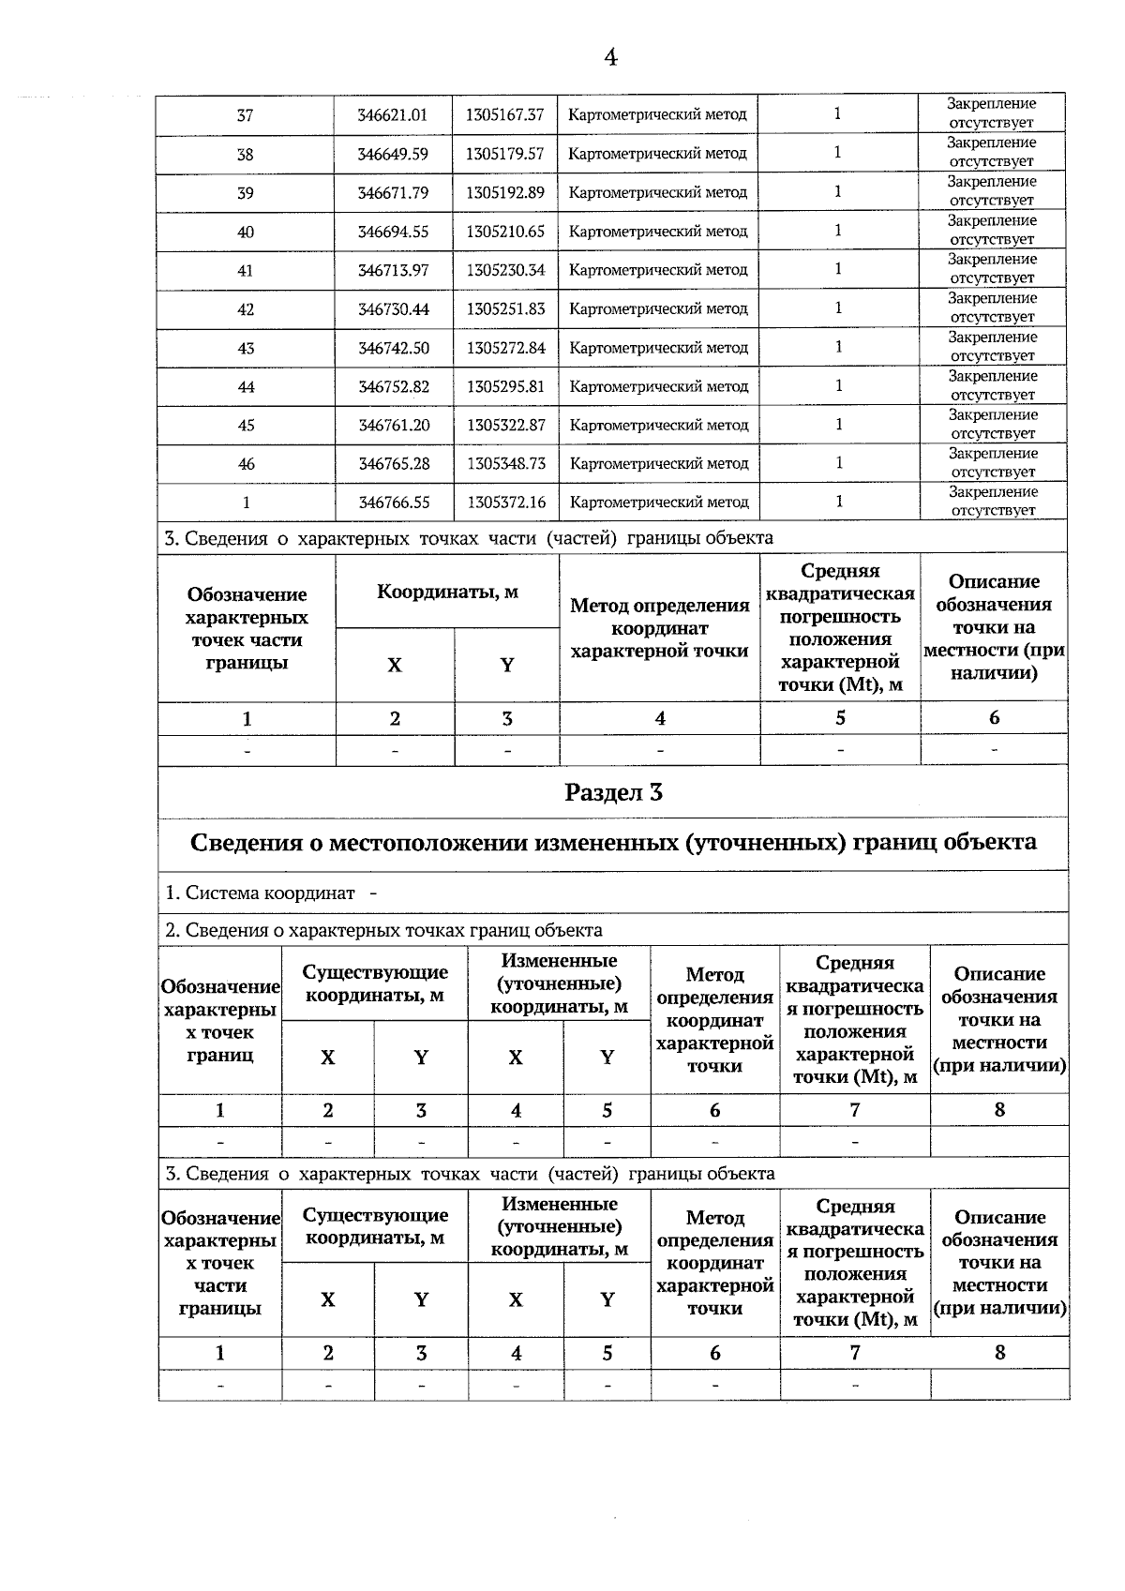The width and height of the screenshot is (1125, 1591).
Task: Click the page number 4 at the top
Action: pos(610,58)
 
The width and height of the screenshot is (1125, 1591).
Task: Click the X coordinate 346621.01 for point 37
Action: pos(393,115)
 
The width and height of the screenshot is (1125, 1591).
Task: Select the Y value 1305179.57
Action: pos(504,154)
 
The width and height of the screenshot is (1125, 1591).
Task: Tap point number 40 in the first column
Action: pos(245,233)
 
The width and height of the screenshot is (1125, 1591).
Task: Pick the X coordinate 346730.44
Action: pos(394,309)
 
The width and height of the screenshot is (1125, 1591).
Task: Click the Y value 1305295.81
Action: pos(505,386)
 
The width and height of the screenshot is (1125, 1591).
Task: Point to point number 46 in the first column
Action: pos(246,464)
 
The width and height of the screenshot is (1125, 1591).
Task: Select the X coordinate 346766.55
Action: pos(394,503)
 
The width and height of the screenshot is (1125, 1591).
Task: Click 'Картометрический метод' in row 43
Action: pos(658,348)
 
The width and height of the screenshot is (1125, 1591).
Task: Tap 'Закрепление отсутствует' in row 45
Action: pos(993,425)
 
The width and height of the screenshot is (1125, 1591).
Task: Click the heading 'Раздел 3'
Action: pos(613,793)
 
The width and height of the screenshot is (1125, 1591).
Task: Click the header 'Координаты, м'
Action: pos(447,593)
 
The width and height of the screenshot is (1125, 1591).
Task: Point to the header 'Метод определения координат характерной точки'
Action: pos(659,628)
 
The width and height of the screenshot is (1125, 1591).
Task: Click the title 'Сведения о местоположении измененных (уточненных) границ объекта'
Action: pos(613,842)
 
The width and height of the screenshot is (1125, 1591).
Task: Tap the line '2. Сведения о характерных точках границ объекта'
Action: pos(383,931)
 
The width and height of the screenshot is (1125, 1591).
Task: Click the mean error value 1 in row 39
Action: pos(837,192)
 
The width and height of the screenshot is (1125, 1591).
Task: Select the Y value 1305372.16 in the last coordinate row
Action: pos(505,503)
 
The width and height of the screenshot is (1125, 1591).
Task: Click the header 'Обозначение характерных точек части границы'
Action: pos(247,628)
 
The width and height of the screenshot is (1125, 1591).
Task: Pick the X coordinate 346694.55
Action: pos(394,233)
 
